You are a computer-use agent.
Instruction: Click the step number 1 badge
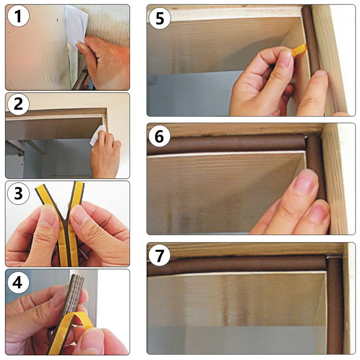click(x=18, y=16)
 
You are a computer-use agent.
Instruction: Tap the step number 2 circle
click(x=18, y=104)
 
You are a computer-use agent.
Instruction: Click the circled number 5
click(x=160, y=18)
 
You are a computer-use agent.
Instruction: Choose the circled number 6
click(x=160, y=136)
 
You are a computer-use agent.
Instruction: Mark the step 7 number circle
click(x=160, y=255)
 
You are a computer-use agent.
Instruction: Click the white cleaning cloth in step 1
click(x=76, y=25)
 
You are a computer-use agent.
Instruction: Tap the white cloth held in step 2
click(x=98, y=135)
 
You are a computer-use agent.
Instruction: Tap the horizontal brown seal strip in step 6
click(x=226, y=144)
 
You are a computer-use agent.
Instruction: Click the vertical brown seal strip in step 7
click(x=335, y=306)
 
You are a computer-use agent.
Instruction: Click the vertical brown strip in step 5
click(x=310, y=39)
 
